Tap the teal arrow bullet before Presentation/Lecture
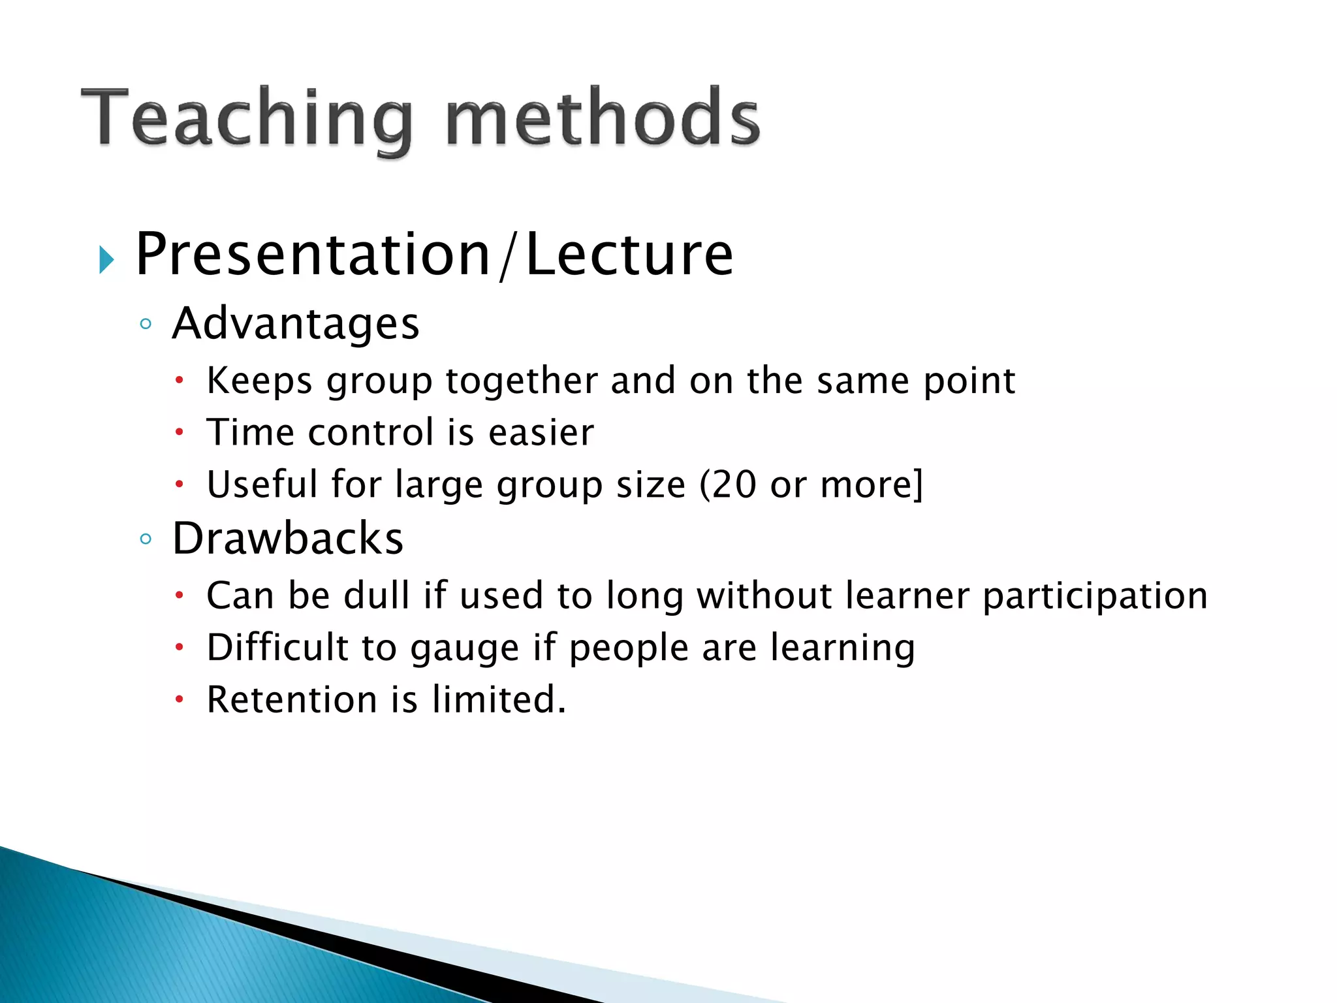point(106,260)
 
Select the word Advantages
point(295,324)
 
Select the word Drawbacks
point(288,539)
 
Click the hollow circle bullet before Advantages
point(146,325)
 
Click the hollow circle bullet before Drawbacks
point(146,539)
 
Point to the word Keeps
point(259,381)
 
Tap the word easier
point(541,432)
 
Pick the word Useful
point(262,485)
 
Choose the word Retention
point(292,699)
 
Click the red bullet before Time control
point(180,432)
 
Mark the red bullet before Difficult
point(180,648)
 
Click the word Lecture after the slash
point(629,255)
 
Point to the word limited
point(498,699)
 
